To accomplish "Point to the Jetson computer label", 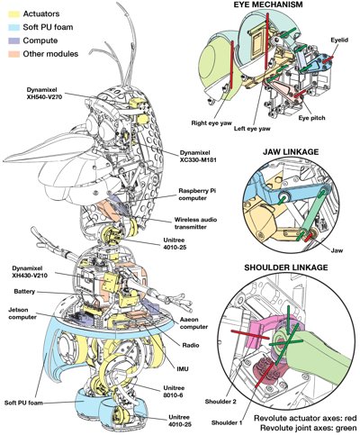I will pos(17,309).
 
